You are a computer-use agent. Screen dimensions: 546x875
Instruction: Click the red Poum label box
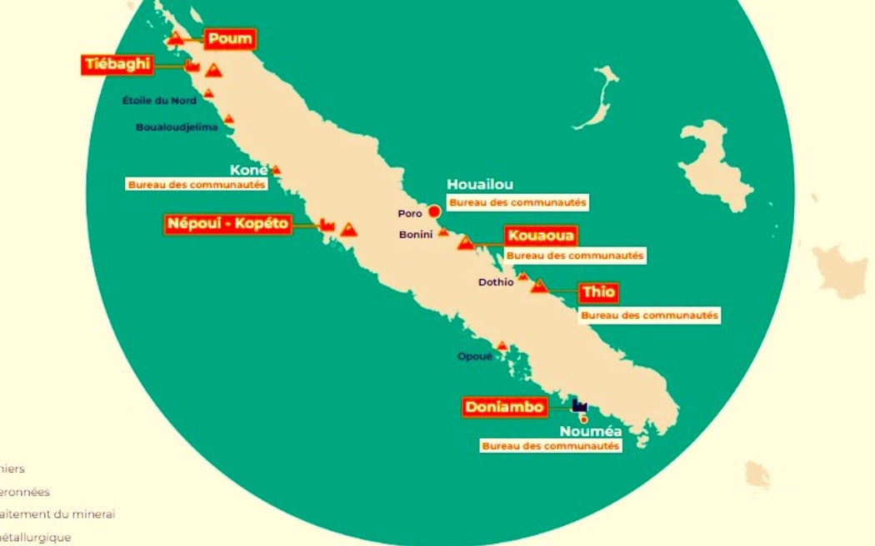click(230, 39)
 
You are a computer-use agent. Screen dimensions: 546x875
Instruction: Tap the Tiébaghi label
click(117, 65)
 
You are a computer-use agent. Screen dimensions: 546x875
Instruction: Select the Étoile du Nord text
click(159, 101)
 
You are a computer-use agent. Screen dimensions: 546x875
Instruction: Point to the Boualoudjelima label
click(177, 127)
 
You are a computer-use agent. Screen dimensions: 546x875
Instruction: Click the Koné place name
click(248, 170)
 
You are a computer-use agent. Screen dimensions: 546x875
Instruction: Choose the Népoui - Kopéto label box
click(228, 224)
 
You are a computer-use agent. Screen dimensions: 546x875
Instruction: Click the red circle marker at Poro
click(434, 211)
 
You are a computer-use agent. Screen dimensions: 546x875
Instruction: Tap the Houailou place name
click(480, 185)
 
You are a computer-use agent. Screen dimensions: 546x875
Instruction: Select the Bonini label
click(416, 235)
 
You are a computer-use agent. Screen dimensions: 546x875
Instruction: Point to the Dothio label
click(496, 282)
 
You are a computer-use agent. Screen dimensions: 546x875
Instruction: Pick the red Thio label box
click(598, 293)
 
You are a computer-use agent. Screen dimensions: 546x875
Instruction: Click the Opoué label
click(475, 356)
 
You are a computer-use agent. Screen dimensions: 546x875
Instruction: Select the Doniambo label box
click(505, 407)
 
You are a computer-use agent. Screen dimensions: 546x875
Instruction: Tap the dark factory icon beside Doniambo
click(580, 405)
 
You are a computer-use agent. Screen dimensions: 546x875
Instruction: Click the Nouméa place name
click(591, 431)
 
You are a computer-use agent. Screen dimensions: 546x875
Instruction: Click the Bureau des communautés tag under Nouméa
click(551, 446)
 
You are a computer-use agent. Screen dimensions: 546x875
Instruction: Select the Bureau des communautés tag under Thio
click(649, 315)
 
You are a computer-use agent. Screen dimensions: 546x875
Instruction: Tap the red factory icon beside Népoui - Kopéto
click(327, 225)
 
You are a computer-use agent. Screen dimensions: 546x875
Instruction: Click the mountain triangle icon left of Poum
click(176, 38)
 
